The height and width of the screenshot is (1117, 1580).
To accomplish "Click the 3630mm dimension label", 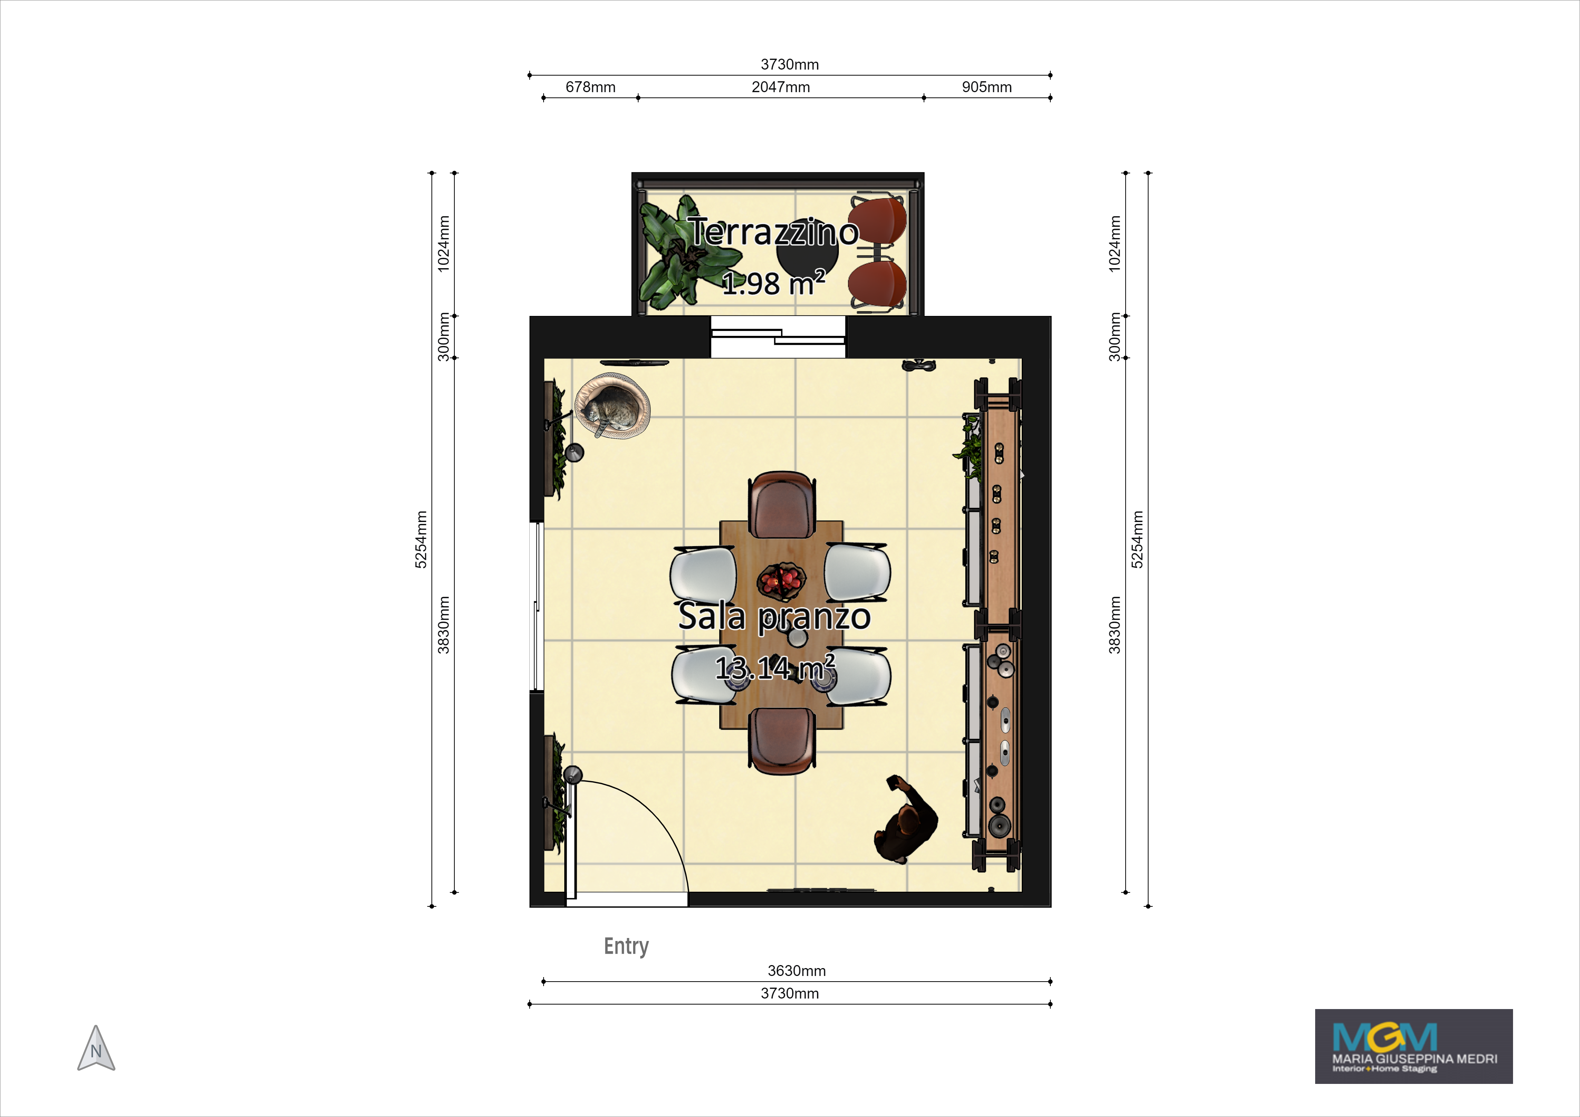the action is pyautogui.click(x=796, y=970).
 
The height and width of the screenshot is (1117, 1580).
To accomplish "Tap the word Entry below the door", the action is pyautogui.click(x=626, y=946).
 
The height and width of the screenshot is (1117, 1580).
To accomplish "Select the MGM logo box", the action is pyautogui.click(x=1413, y=1046).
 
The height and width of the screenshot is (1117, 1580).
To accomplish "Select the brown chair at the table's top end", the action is pyautogui.click(x=782, y=504).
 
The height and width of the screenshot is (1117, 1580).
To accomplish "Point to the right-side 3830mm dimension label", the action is pyautogui.click(x=1114, y=625).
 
